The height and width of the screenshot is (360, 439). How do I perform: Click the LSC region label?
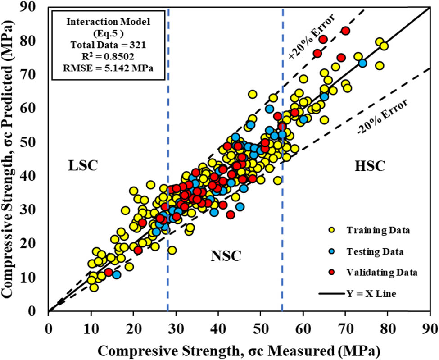(x=84, y=166)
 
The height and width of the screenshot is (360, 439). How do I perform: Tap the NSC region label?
(x=226, y=256)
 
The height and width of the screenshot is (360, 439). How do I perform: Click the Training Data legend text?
(x=378, y=231)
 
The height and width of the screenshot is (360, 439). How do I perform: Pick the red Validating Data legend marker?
(x=331, y=272)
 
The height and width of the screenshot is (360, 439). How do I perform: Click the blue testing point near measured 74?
(x=362, y=64)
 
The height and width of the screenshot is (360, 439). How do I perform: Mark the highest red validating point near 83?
(x=346, y=31)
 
